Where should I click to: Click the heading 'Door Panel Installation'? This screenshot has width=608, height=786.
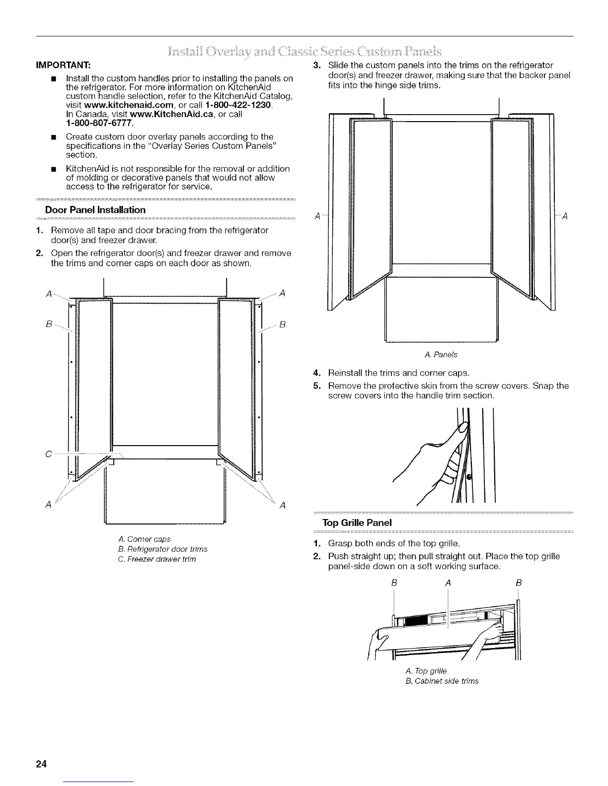[x=95, y=210]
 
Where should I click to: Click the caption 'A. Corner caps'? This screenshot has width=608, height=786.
[x=145, y=539]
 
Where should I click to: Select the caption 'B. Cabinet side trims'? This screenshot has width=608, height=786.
[x=442, y=681]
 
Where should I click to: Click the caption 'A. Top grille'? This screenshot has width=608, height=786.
[x=426, y=671]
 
